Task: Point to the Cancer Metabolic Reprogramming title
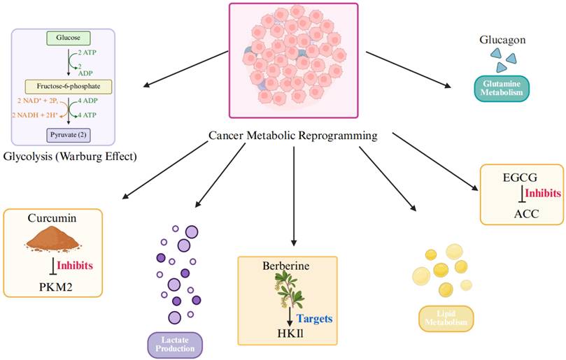pyautogui.click(x=293, y=136)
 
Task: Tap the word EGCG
pyautogui.click(x=512, y=178)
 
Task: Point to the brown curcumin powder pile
pyautogui.click(x=51, y=241)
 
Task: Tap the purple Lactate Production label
pyautogui.click(x=175, y=343)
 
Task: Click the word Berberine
pyautogui.click(x=286, y=266)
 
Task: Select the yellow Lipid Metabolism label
pyautogui.click(x=446, y=318)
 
